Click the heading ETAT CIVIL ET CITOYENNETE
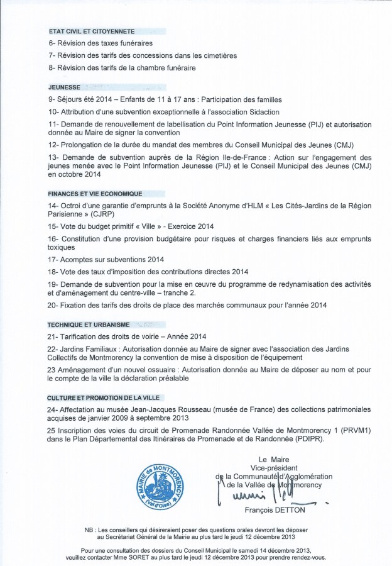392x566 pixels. (x=91, y=31)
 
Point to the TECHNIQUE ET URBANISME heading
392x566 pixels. (x=89, y=325)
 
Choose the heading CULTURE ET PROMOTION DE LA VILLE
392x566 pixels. (x=104, y=398)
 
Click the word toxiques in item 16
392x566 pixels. (x=63, y=248)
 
